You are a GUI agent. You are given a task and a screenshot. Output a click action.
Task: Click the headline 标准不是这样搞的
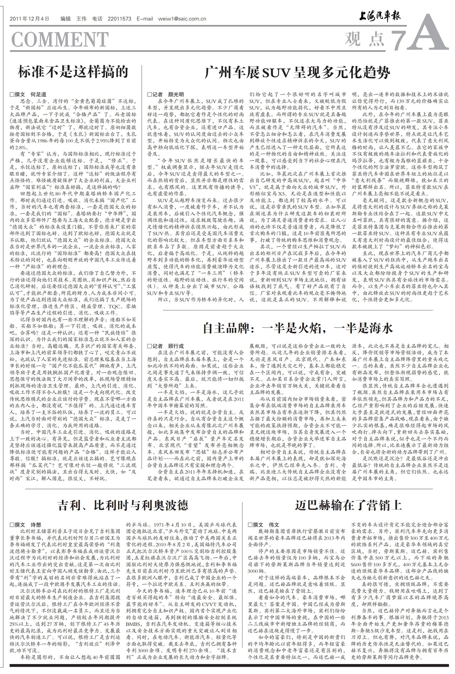[x=73, y=72]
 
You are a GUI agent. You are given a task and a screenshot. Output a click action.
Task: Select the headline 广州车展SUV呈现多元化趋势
[x=297, y=73]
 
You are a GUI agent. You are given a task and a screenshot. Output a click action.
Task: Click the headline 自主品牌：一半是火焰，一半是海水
[x=298, y=328]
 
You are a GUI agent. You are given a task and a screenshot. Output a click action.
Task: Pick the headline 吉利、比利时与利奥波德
[x=123, y=505]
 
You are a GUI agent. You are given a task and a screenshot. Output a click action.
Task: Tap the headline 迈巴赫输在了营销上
[x=348, y=505]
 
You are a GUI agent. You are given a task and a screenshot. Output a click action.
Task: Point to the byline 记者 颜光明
[x=166, y=95]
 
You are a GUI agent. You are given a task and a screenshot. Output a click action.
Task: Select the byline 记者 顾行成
[x=166, y=346]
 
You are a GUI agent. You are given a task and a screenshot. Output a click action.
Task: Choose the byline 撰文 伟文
[x=264, y=525]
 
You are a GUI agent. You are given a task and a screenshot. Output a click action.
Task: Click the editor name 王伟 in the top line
[x=81, y=19]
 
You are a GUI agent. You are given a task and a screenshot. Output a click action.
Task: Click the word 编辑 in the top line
[x=66, y=19]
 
